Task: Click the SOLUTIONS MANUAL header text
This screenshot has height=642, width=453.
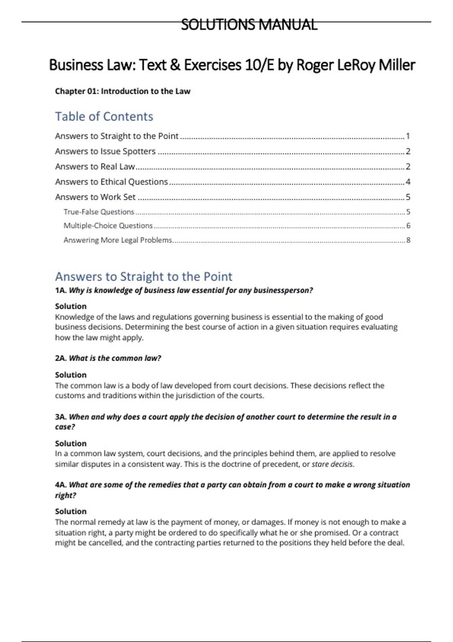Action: pyautogui.click(x=249, y=25)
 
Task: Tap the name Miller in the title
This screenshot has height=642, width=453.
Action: pyautogui.click(x=397, y=65)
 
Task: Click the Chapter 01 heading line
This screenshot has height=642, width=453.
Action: pyautogui.click(x=123, y=91)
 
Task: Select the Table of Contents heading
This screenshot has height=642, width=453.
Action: pyautogui.click(x=104, y=116)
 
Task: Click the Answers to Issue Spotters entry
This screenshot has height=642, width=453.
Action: pyautogui.click(x=105, y=151)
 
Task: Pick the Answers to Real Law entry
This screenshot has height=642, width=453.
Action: pyautogui.click(x=95, y=166)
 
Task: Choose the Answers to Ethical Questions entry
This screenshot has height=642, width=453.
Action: pyautogui.click(x=111, y=182)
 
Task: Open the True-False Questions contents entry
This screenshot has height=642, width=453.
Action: pyautogui.click(x=99, y=211)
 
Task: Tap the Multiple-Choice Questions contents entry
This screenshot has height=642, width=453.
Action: pyautogui.click(x=108, y=225)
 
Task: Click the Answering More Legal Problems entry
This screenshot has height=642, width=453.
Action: pyautogui.click(x=118, y=240)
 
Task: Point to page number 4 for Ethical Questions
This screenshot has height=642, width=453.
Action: pyautogui.click(x=408, y=182)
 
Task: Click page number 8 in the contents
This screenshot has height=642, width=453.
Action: pyautogui.click(x=408, y=240)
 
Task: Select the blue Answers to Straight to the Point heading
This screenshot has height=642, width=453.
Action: pyautogui.click(x=143, y=276)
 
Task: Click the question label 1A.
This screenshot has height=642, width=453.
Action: pyautogui.click(x=61, y=290)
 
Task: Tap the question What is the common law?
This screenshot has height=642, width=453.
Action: pyautogui.click(x=115, y=358)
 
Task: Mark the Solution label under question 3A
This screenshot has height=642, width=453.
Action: pyautogui.click(x=71, y=443)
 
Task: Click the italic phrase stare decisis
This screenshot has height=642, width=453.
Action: pyautogui.click(x=332, y=464)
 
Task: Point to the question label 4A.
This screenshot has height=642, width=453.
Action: pyautogui.click(x=61, y=485)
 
